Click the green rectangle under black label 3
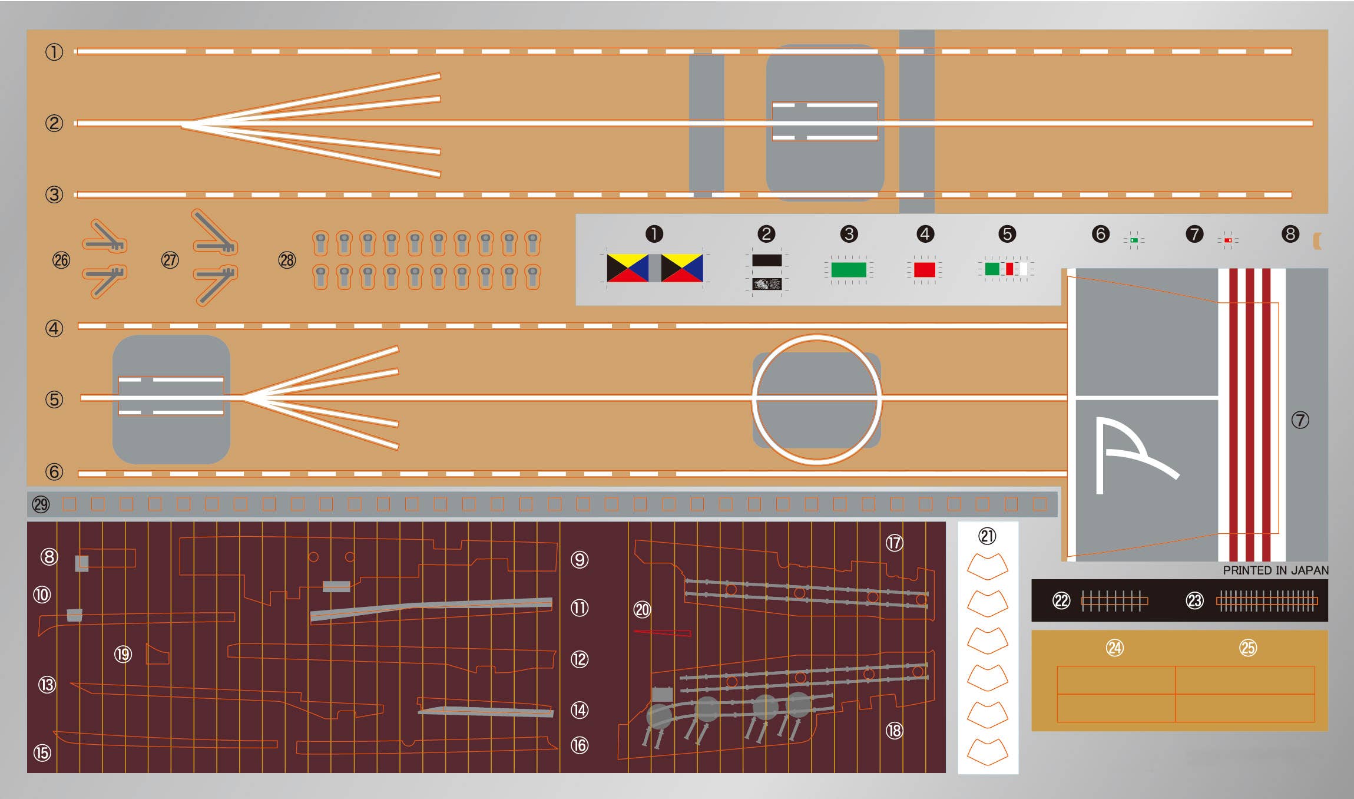point(848,270)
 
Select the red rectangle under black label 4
point(924,270)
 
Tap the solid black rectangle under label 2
point(766,260)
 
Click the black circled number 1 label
point(654,234)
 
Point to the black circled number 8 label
point(1290,234)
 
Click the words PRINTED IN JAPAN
point(1275,570)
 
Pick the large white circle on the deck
point(816,399)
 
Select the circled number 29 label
point(41,504)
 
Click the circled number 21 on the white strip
point(987,536)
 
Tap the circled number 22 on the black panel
point(1061,601)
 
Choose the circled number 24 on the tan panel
point(1114,648)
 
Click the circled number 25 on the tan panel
point(1247,648)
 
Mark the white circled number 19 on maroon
point(123,654)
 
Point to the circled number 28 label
point(287,260)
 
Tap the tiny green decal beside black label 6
point(1134,240)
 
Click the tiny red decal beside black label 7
point(1228,240)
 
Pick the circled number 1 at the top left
point(54,52)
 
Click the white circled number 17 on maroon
point(894,543)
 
